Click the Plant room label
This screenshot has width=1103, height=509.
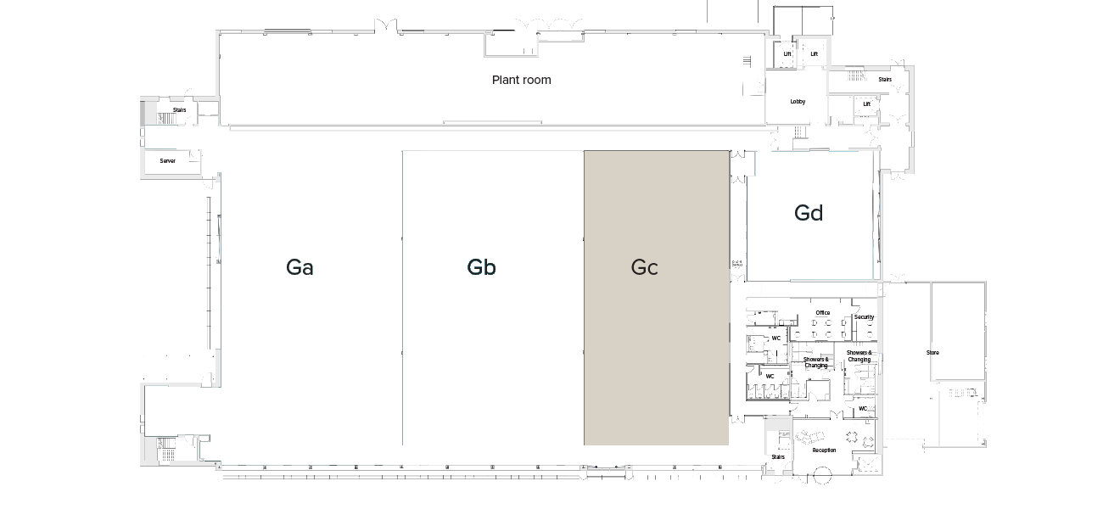click(521, 80)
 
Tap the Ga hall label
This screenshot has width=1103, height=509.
click(300, 267)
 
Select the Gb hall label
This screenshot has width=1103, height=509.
click(481, 267)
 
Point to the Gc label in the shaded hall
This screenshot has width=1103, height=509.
click(644, 267)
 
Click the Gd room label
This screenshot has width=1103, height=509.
click(809, 213)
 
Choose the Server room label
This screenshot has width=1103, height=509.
click(168, 160)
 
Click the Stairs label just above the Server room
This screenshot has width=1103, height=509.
click(179, 109)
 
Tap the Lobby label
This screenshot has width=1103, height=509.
click(798, 102)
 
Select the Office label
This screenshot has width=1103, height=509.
click(822, 313)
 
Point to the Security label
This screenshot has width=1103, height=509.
click(864, 317)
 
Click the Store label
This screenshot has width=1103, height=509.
click(932, 352)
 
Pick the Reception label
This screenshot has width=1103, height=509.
click(824, 450)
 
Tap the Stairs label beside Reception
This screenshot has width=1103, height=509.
click(778, 456)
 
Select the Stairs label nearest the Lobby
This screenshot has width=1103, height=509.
click(885, 80)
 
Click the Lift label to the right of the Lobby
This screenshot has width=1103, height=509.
click(866, 104)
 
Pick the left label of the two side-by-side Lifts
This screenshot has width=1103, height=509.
click(787, 54)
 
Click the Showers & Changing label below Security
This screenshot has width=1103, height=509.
click(859, 355)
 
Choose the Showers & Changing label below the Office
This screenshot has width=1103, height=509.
click(815, 362)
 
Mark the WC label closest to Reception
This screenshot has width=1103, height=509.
click(863, 409)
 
